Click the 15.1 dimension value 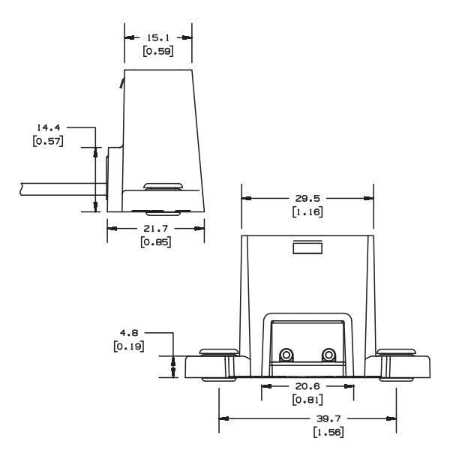[158, 36]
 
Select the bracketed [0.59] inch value [158, 52]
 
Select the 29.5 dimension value [307, 199]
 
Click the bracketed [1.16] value [307, 214]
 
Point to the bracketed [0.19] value [128, 346]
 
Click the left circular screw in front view [286, 355]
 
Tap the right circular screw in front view [328, 355]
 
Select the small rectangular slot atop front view [307, 248]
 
